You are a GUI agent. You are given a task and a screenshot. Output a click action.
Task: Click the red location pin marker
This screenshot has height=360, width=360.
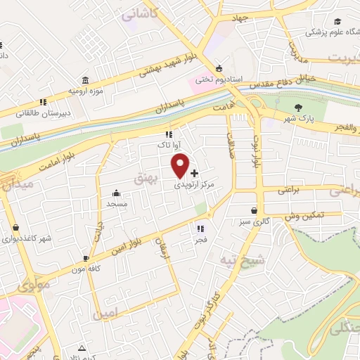point(181,165)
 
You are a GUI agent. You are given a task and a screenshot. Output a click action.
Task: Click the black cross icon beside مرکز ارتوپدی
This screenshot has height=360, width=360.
point(194,173)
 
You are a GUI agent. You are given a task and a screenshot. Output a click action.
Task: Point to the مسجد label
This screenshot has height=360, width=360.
point(116,203)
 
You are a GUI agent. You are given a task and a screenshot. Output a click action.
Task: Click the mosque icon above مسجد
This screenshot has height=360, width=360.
point(116,193)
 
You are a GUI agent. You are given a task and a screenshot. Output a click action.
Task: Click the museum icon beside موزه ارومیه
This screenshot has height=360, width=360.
point(85,79)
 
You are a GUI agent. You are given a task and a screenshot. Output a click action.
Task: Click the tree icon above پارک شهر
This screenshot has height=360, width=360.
point(298,108)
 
